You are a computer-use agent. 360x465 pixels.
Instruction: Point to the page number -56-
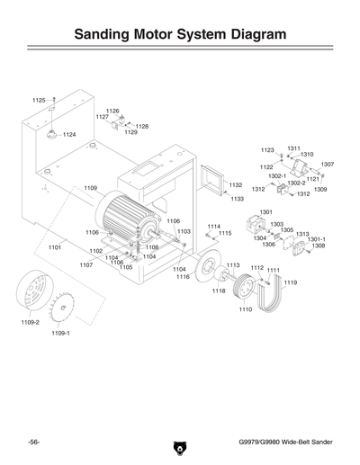point(34,442)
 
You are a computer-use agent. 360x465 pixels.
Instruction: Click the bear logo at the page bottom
point(179,444)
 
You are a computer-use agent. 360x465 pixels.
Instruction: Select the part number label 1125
point(39,100)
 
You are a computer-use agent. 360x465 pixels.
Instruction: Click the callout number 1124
point(69,135)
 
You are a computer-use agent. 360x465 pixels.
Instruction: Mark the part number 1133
point(238,198)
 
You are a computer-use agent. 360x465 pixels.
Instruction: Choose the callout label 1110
point(245,309)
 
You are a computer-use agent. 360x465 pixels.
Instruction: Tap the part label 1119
point(289,282)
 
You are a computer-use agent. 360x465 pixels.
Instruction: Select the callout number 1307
point(327,165)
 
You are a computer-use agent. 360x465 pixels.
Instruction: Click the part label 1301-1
point(316,238)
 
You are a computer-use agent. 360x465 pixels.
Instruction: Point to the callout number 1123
point(267,150)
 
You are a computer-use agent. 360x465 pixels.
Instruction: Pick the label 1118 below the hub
point(219,291)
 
